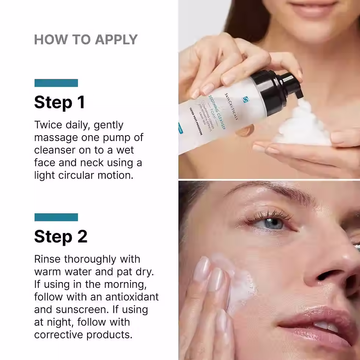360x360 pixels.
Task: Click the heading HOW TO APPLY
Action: click(86, 40)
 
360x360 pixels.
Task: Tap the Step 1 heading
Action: click(60, 102)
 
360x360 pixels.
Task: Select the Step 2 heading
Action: click(61, 237)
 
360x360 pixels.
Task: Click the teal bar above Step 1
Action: click(56, 83)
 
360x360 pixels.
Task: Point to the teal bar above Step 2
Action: click(56, 217)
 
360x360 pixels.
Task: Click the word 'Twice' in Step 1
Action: click(48, 125)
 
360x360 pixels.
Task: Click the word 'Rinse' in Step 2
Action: click(47, 259)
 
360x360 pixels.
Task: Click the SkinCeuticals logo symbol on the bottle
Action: click(246, 99)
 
